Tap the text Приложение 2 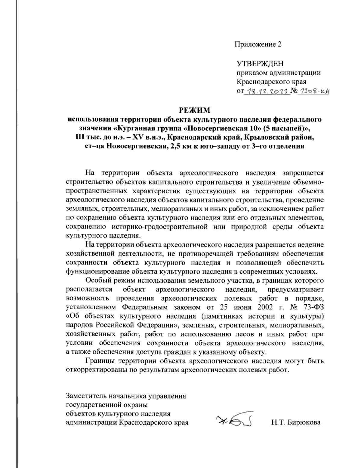pyautogui.click(x=258, y=45)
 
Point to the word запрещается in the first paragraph pyautogui.click(x=303, y=173)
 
